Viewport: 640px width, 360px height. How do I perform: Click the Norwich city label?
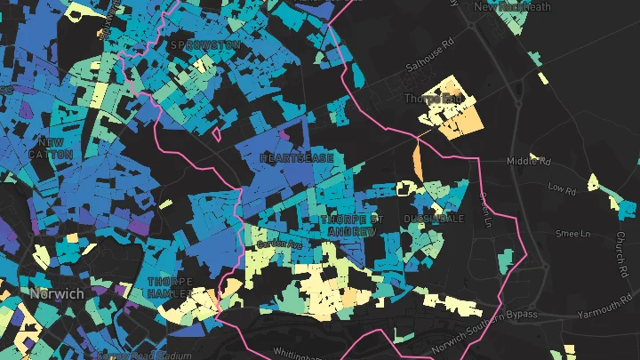(x=54, y=293)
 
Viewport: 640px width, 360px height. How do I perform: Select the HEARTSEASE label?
(x=297, y=157)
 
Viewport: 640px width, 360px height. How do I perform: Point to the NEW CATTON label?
(x=50, y=148)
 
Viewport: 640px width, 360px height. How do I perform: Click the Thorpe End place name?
(x=433, y=98)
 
